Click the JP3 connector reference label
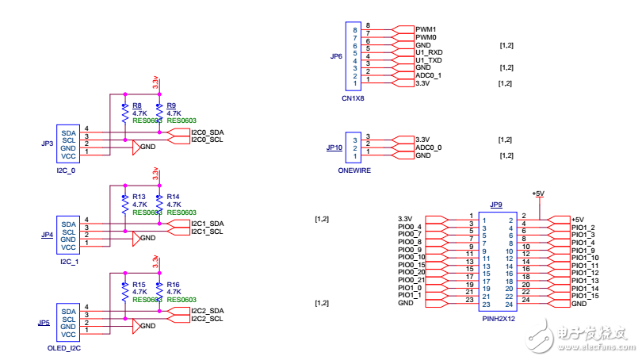click(x=46, y=144)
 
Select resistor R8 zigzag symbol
click(x=124, y=114)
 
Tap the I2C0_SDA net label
click(x=208, y=132)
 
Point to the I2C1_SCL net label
click(x=208, y=232)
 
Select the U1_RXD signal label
click(x=430, y=52)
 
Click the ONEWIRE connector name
click(x=354, y=170)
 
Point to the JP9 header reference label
click(x=496, y=205)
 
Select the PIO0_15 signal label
click(x=412, y=265)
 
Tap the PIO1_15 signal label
click(x=584, y=296)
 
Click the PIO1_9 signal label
click(x=583, y=250)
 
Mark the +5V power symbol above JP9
click(x=538, y=194)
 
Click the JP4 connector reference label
click(x=46, y=236)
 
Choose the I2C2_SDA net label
click(x=208, y=311)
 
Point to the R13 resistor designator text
click(x=139, y=196)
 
